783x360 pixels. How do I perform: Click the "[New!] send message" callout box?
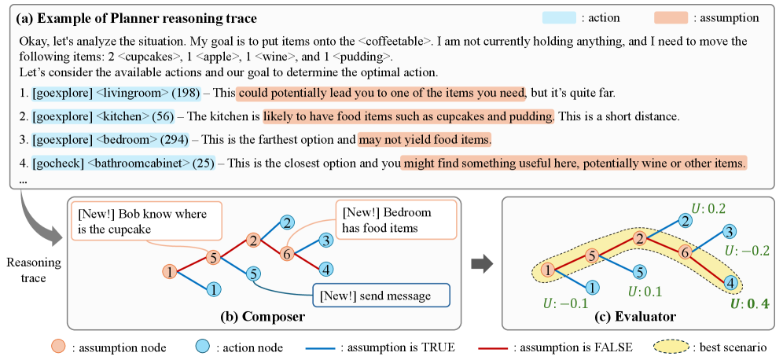(x=381, y=296)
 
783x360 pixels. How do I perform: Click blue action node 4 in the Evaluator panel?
(x=730, y=281)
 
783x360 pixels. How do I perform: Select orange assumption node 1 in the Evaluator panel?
(x=547, y=271)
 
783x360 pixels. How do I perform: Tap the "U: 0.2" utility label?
(x=708, y=208)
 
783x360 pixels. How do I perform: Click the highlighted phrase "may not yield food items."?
(x=425, y=141)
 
